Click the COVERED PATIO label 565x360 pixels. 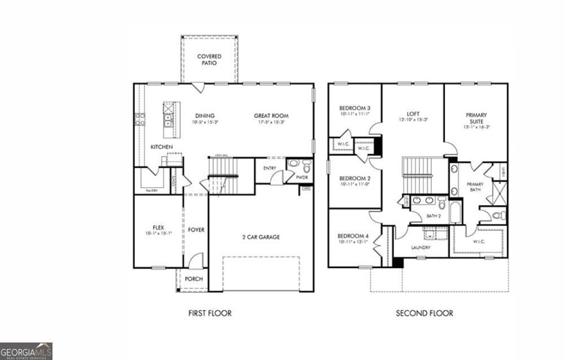pyautogui.click(x=209, y=59)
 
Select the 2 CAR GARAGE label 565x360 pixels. pyautogui.click(x=261, y=237)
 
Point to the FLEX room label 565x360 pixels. pyautogui.click(x=157, y=227)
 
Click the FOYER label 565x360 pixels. pyautogui.click(x=196, y=230)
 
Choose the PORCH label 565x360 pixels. pyautogui.click(x=194, y=279)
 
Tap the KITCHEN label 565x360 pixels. pyautogui.click(x=161, y=147)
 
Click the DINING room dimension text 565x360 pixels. pyautogui.click(x=204, y=122)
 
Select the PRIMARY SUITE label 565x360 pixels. pyautogui.click(x=476, y=117)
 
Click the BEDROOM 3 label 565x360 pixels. pyautogui.click(x=354, y=108)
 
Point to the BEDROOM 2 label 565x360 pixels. pyautogui.click(x=354, y=178)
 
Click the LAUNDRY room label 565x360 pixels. pyautogui.click(x=421, y=247)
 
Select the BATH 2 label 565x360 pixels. pyautogui.click(x=433, y=216)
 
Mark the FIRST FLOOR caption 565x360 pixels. pyautogui.click(x=209, y=313)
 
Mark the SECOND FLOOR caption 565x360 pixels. pyautogui.click(x=424, y=313)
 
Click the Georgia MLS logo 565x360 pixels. pyautogui.click(x=26, y=350)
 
